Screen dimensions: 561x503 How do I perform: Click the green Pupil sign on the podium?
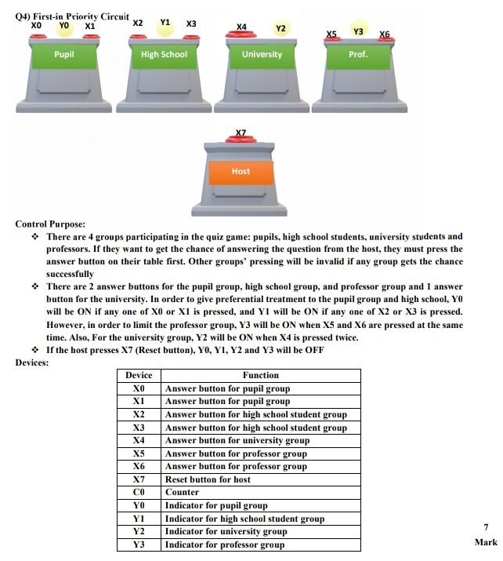[64, 55]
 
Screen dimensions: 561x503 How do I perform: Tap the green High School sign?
[164, 55]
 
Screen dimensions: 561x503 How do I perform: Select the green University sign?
[262, 55]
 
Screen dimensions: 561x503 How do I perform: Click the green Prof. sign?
[358, 55]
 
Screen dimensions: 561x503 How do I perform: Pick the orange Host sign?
[241, 171]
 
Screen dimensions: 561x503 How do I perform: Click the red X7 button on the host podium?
[241, 141]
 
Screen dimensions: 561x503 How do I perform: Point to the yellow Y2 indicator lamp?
[280, 29]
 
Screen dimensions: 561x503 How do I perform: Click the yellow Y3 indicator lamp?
[358, 31]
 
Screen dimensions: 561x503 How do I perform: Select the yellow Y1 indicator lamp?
[165, 24]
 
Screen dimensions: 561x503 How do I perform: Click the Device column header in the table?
[139, 376]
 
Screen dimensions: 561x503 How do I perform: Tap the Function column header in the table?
[260, 376]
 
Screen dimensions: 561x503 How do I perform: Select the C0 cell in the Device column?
[139, 493]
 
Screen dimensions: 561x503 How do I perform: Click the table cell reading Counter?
[183, 493]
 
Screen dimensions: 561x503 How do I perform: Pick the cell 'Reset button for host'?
[208, 479]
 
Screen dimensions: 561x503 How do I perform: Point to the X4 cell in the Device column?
[139, 441]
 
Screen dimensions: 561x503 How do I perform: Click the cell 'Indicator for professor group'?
[224, 545]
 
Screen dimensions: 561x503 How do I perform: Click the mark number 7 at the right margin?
[486, 528]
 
